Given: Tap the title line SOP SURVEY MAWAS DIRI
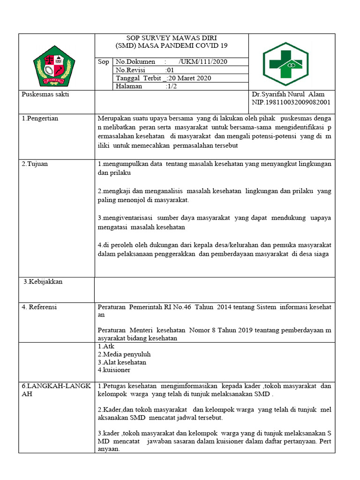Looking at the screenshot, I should click(x=172, y=38).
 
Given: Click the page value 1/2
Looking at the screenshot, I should click(x=172, y=86).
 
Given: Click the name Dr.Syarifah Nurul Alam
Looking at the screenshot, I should click(x=288, y=94).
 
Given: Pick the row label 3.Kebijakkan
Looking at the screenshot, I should click(x=43, y=282).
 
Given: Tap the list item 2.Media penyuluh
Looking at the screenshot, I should click(x=124, y=354).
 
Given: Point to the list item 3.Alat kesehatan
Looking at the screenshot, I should click(x=122, y=362).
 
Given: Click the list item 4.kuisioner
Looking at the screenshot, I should click(x=114, y=370).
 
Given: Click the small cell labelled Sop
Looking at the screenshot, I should click(x=103, y=62).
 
